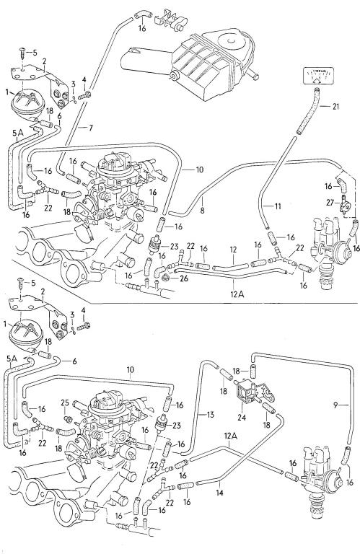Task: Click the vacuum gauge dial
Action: tap(318, 76)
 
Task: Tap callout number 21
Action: tap(335, 106)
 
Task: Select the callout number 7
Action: tap(90, 128)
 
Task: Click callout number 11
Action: tap(278, 206)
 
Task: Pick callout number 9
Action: tap(335, 405)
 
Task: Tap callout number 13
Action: tap(211, 415)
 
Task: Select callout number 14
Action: tap(220, 493)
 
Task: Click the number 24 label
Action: tap(241, 417)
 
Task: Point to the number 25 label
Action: tap(65, 402)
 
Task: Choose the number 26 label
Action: tap(184, 278)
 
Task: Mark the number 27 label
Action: tap(330, 202)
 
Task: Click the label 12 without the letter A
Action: tap(233, 250)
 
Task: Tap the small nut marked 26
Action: tap(164, 278)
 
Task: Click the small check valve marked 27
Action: tap(343, 205)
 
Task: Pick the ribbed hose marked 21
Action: tap(307, 111)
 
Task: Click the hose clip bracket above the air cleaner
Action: tap(172, 19)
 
